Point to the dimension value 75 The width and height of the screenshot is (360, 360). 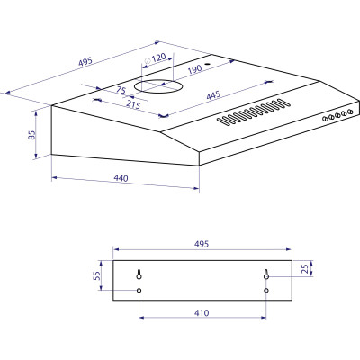120,90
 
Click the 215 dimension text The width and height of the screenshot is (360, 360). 131,104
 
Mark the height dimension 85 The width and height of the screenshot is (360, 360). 31,136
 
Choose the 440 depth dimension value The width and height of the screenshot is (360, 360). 121,178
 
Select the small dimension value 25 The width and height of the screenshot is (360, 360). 307,269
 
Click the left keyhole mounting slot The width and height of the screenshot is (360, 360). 139,274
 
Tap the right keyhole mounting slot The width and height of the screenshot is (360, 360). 266,274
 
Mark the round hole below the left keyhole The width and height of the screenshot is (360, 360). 139,291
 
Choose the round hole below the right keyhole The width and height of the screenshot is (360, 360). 266,291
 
